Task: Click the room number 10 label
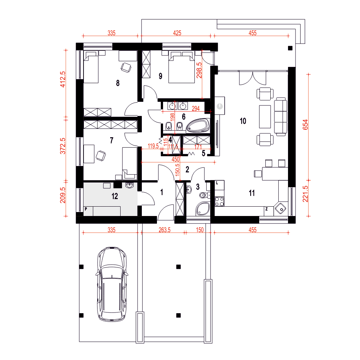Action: [243, 121]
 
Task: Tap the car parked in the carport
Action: [112, 284]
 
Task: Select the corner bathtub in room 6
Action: [198, 125]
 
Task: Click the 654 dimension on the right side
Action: [305, 125]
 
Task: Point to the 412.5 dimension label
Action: [63, 79]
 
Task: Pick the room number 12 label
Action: [115, 196]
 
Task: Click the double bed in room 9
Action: [181, 67]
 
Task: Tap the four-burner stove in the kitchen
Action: [219, 202]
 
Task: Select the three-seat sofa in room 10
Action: [281, 117]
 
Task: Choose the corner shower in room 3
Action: [203, 209]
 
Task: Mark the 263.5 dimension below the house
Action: [165, 230]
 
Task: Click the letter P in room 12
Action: [86, 209]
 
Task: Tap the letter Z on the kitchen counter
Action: [266, 209]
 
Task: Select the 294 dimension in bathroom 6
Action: [195, 108]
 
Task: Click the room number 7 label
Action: [112, 140]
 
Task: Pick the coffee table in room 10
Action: [265, 117]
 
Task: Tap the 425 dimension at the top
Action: [177, 33]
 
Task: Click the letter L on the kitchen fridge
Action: [217, 183]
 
